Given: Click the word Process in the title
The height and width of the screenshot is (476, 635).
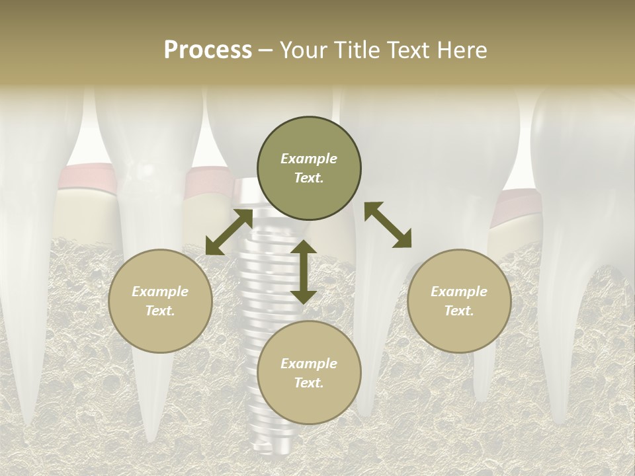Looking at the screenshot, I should pos(208,50).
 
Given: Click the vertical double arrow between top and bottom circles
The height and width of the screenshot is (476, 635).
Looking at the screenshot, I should pos(303,272).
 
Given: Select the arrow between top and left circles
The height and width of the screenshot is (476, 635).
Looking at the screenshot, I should pos(229,232).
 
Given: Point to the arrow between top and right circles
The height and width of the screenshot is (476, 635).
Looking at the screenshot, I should pos(388,225).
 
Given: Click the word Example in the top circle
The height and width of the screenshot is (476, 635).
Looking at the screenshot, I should pos(309,159).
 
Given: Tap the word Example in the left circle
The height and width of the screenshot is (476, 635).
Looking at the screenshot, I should pos(160,292).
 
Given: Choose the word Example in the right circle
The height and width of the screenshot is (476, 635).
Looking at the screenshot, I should pos(459,292).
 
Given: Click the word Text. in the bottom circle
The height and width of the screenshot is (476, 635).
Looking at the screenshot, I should pos(309,383).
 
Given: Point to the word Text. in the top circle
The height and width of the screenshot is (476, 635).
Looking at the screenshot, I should pos(309,178).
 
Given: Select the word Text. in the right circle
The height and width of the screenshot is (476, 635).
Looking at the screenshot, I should pos(459,311).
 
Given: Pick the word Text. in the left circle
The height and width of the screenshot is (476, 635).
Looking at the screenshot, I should pos(160,311).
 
